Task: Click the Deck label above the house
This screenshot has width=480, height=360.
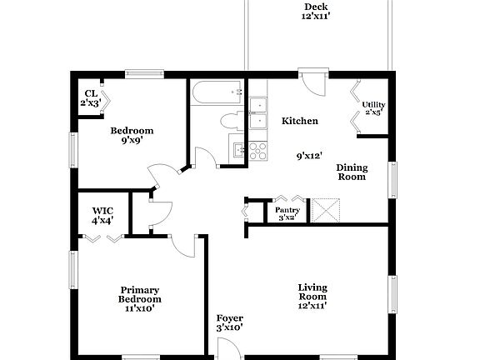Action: [315, 12]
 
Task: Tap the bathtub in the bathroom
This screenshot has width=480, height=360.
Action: [216, 92]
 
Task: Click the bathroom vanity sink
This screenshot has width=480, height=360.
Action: [239, 151]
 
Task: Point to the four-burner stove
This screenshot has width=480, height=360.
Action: [257, 150]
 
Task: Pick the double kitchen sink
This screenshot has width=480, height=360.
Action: [257, 112]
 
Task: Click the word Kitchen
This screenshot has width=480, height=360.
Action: [299, 122]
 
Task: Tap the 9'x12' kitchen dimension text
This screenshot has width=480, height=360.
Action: [309, 155]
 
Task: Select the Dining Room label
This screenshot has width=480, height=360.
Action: [352, 172]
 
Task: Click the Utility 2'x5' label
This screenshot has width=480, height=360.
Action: [373, 108]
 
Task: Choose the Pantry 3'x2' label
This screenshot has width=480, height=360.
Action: [287, 213]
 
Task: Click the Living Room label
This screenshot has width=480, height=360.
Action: [312, 297]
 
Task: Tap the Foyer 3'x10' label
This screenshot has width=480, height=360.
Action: [229, 322]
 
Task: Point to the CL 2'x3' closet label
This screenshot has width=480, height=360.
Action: [90, 98]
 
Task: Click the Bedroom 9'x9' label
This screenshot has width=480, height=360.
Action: [132, 135]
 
